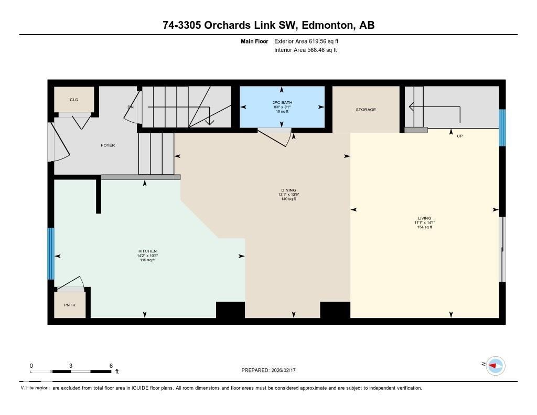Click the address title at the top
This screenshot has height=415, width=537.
268,25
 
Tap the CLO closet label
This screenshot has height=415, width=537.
74,99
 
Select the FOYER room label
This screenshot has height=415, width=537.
108,145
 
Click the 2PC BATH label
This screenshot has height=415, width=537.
282,102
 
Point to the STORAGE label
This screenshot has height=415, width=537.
366,110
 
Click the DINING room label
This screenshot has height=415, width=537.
288,190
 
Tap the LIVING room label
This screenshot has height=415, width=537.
425,218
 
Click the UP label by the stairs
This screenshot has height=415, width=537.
460,136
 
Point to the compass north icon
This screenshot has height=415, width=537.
495,365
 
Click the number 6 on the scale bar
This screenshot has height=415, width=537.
111,366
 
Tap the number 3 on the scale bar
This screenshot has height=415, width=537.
71,366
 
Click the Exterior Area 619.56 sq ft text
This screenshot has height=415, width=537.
310,41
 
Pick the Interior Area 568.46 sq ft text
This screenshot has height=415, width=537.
305,50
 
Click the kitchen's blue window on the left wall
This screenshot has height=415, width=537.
51,254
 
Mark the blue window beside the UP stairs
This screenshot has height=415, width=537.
502,127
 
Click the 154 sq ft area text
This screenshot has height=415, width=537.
425,227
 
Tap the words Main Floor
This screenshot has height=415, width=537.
254,41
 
